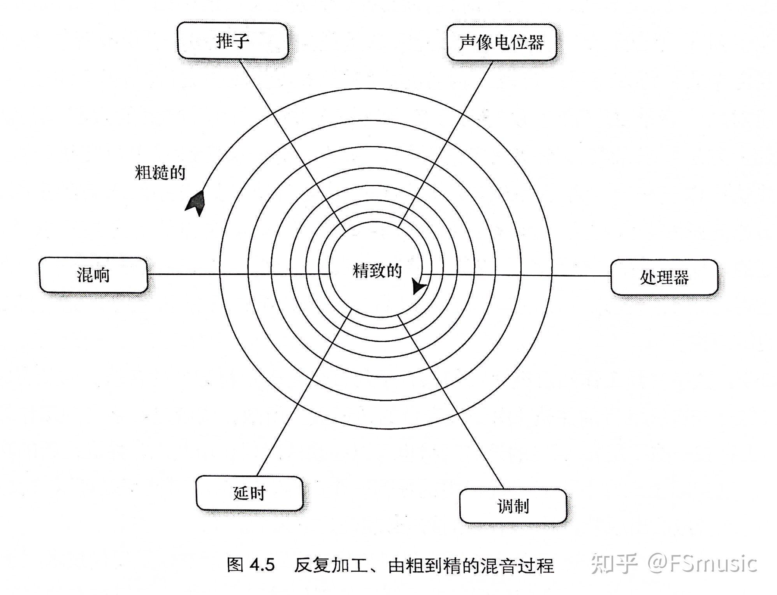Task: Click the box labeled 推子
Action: (232, 41)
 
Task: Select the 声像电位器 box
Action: (501, 42)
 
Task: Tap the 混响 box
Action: (93, 275)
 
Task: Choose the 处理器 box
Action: (664, 277)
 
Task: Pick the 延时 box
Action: (249, 493)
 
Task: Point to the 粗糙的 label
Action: (160, 173)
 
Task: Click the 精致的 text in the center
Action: (377, 271)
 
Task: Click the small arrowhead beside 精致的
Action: (419, 287)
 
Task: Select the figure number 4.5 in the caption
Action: (262, 565)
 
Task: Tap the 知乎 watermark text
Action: (614, 563)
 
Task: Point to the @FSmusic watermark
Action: (702, 563)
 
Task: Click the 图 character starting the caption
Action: (235, 565)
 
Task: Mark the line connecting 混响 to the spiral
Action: (183, 274)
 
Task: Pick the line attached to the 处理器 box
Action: (580, 276)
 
